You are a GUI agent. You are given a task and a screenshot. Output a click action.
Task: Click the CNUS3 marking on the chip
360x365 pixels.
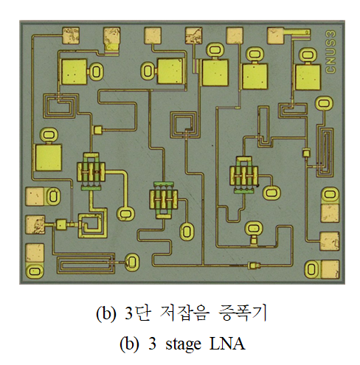[330, 52]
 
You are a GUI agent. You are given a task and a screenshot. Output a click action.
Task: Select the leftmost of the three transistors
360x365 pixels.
[91, 172]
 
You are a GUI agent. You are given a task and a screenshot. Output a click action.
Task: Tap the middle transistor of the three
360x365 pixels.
[164, 200]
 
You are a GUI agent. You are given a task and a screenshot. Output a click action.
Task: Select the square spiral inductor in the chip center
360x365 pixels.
[184, 125]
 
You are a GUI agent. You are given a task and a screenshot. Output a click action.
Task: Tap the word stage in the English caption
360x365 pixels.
[183, 344]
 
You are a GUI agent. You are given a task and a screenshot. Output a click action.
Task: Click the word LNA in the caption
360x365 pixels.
[227, 343]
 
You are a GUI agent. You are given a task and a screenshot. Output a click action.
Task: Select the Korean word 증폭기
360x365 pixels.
[242, 313]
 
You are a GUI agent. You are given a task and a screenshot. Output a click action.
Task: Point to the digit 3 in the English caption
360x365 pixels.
[152, 343]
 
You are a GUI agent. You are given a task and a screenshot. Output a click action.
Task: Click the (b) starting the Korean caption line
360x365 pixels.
[105, 313]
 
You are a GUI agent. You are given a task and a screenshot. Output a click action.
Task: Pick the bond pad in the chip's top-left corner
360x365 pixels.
[71, 35]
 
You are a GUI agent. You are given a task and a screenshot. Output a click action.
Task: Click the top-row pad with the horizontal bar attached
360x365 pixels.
[276, 36]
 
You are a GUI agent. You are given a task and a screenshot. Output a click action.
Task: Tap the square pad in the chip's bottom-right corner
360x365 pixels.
[330, 269]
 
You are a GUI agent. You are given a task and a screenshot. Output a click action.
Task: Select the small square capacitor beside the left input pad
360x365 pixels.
[60, 225]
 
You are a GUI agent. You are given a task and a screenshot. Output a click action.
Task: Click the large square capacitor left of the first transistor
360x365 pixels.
[48, 157]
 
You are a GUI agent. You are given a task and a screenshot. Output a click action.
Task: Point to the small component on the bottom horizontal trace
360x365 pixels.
[254, 265]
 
